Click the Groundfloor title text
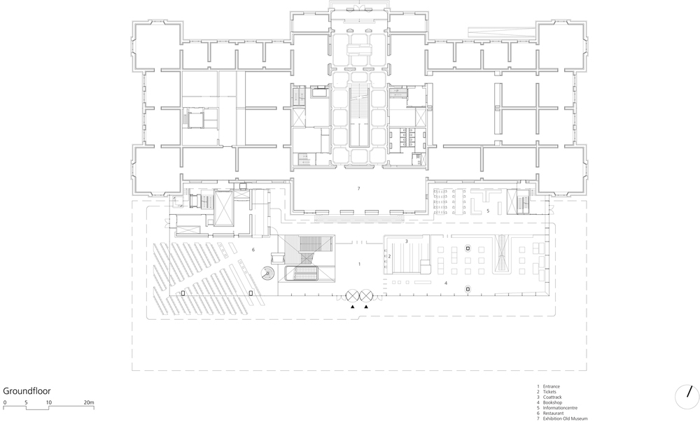point(27,391)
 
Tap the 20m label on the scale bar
point(89,402)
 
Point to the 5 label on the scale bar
point(27,402)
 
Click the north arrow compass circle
point(687,396)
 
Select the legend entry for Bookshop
point(549,403)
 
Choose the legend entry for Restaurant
point(550,414)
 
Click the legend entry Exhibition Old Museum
point(562,419)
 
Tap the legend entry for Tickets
point(547,392)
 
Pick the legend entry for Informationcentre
point(557,408)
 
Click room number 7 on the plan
point(358,189)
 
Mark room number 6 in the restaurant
point(253,250)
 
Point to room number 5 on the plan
point(488,211)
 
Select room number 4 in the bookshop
point(445,283)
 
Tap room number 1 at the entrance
point(359,264)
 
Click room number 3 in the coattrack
point(406,241)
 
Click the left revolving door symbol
point(353,295)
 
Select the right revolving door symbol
point(366,295)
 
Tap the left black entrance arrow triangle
point(353,307)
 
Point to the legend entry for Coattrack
point(549,398)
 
